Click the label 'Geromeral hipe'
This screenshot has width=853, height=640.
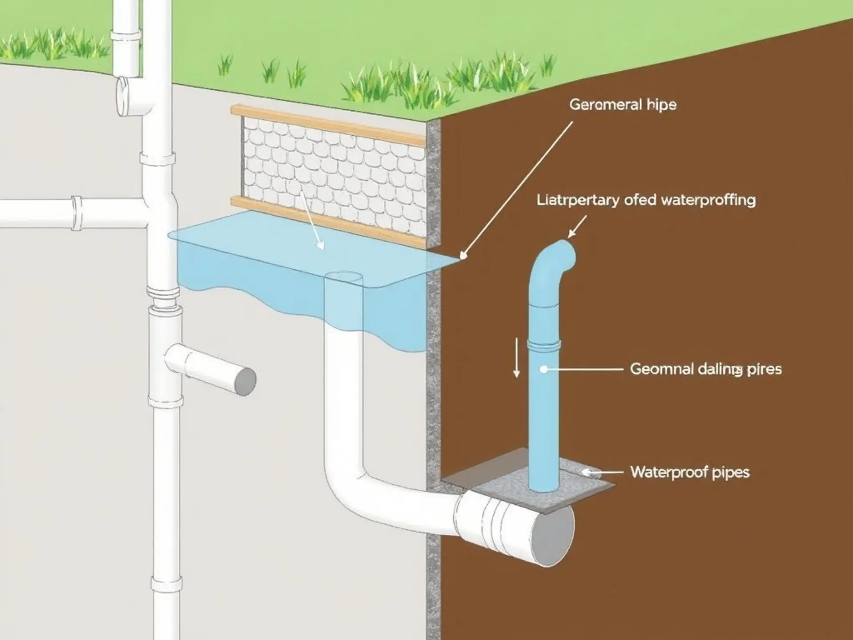(x=622, y=105)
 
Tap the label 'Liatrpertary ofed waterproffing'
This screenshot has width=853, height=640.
(x=646, y=200)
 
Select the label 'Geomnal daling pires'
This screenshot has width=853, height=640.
(x=706, y=369)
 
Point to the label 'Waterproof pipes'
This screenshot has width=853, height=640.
(x=690, y=472)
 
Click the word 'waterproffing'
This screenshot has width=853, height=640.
(x=709, y=200)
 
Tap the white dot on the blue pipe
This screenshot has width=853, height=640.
(x=543, y=369)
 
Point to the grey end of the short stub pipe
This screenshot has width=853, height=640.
(x=245, y=381)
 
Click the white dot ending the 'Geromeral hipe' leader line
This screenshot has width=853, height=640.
(x=463, y=256)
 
